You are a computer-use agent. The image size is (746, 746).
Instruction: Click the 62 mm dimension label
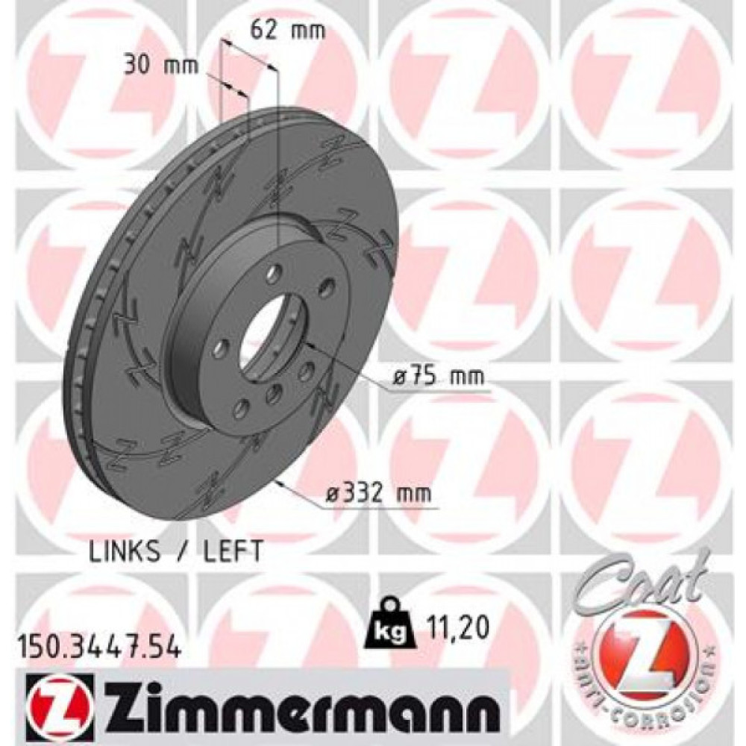tap(278, 31)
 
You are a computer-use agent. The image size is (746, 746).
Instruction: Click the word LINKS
tap(125, 551)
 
